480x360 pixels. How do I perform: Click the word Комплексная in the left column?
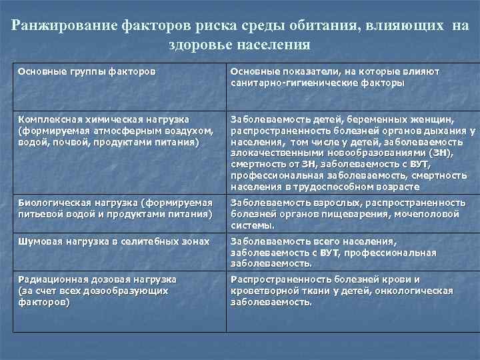pos(48,119)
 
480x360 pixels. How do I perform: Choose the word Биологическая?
pos(51,202)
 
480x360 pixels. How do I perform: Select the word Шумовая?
pos(37,241)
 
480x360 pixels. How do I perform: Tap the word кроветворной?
pos(262,291)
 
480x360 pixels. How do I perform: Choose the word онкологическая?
pos(415,291)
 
